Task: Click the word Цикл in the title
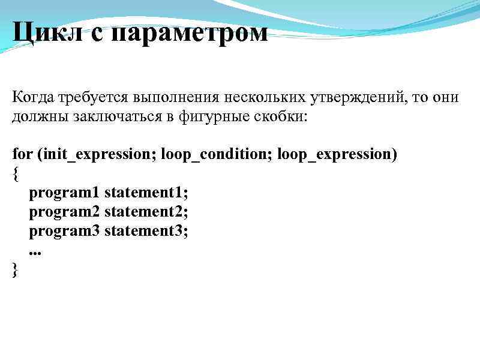point(49,32)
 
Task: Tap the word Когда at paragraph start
point(34,97)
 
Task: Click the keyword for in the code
point(22,154)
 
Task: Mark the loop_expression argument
point(337,155)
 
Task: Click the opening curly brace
point(15,174)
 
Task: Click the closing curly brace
point(15,270)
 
